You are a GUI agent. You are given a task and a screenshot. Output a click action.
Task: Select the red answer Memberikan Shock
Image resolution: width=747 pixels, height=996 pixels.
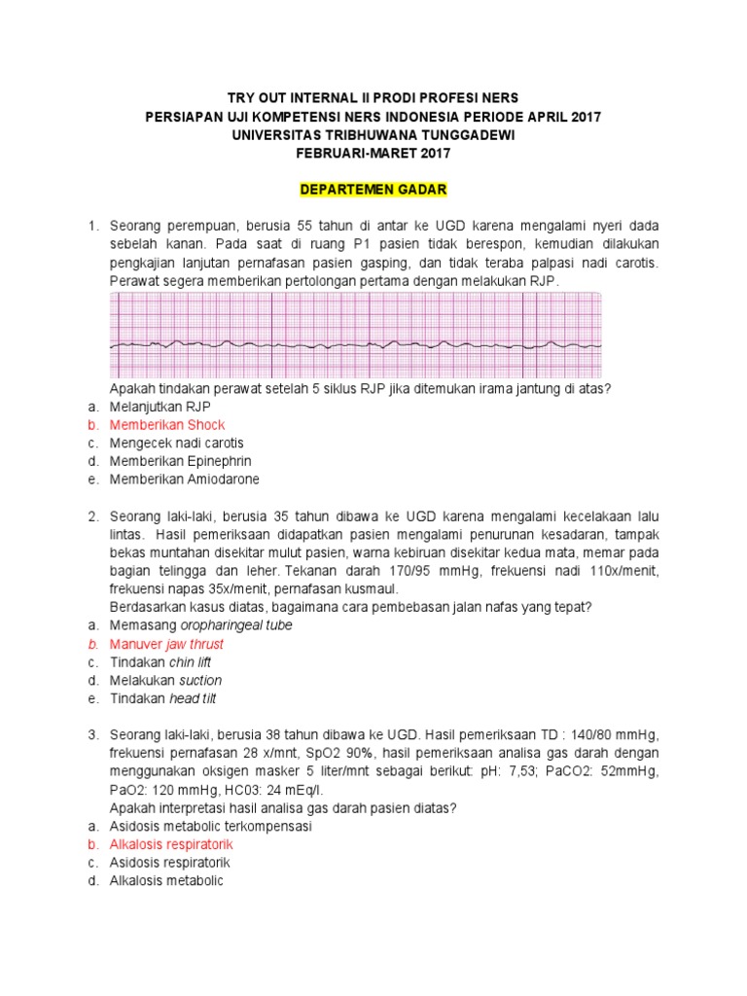[166, 425]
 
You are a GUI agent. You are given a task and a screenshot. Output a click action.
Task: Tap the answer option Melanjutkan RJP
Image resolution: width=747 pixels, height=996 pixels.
[160, 407]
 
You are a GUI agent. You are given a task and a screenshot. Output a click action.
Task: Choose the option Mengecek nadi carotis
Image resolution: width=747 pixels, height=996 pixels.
[176, 443]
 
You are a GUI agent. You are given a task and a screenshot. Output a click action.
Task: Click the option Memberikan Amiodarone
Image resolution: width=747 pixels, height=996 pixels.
[184, 480]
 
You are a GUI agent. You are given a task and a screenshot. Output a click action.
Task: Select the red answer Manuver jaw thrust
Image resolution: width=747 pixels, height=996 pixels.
[166, 644]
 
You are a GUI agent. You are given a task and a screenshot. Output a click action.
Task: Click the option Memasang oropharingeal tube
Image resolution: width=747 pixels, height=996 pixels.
[200, 625]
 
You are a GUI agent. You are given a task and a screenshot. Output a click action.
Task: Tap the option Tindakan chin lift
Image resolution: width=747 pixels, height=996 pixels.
[160, 662]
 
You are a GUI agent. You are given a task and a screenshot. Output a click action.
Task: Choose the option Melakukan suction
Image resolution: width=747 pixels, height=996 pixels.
[165, 680]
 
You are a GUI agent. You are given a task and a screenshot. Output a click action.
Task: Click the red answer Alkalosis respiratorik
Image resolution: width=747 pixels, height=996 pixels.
[170, 844]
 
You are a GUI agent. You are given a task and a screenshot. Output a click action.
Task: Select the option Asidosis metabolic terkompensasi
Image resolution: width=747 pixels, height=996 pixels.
[209, 826]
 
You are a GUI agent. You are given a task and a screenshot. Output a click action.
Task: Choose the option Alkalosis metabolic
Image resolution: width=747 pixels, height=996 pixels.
[165, 881]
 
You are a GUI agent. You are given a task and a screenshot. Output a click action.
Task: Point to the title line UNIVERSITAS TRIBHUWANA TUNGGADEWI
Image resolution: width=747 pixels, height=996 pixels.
[373, 134]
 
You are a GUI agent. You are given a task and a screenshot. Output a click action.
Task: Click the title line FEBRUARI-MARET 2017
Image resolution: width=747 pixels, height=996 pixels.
[373, 153]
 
